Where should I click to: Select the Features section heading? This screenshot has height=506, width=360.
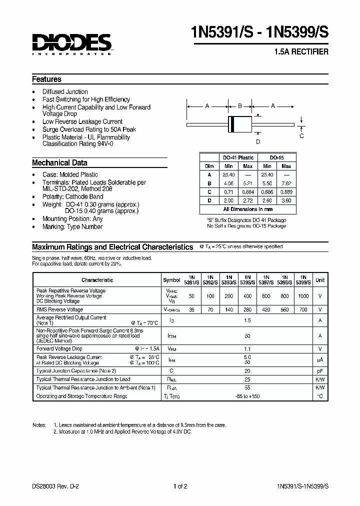[46, 79]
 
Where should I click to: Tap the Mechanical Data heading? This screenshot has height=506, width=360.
[59, 162]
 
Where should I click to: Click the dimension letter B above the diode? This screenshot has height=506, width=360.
[240, 106]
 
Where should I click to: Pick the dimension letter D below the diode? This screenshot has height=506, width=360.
[258, 141]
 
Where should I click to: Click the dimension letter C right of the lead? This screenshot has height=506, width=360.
[301, 135]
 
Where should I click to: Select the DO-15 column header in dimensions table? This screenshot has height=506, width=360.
[276, 157]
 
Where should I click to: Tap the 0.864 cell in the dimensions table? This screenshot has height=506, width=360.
[248, 191]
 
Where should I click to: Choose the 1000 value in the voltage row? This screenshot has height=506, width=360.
[303, 296]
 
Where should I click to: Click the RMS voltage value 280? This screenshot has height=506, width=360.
[247, 310]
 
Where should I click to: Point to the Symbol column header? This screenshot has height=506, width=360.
[171, 280]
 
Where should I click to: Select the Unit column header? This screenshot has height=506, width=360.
[320, 280]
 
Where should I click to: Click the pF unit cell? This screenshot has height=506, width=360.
[320, 371]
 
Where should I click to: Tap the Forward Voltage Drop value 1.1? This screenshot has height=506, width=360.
[247, 348]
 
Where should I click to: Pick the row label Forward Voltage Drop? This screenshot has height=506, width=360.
[59, 348]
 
